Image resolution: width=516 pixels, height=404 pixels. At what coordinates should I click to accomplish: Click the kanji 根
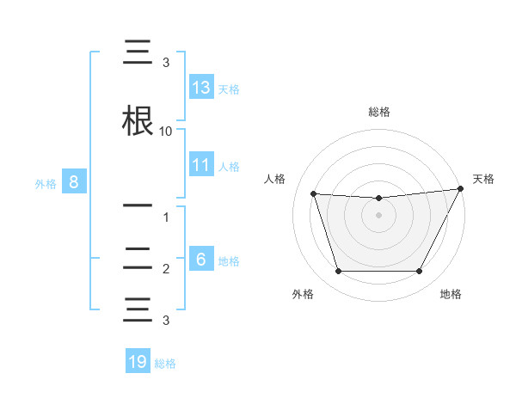pyautogui.click(x=138, y=121)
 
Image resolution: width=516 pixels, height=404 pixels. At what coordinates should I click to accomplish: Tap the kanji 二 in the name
pyautogui.click(x=138, y=257)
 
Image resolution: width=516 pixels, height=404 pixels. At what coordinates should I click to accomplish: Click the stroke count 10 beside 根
pyautogui.click(x=166, y=132)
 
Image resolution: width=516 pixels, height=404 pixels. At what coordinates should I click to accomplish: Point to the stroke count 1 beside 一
pyautogui.click(x=166, y=218)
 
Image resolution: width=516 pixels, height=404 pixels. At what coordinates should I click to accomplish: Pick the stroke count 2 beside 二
pyautogui.click(x=166, y=269)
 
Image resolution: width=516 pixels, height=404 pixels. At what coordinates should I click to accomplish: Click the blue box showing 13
pyautogui.click(x=201, y=88)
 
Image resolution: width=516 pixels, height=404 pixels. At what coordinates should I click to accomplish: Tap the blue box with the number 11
pyautogui.click(x=201, y=165)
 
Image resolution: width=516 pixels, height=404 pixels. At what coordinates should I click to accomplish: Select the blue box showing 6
pyautogui.click(x=201, y=260)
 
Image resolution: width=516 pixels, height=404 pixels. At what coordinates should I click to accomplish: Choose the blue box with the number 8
pyautogui.click(x=74, y=182)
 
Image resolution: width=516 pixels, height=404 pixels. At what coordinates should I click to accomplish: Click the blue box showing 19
pyautogui.click(x=138, y=362)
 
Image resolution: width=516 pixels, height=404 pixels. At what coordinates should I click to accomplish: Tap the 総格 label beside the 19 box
pyautogui.click(x=165, y=364)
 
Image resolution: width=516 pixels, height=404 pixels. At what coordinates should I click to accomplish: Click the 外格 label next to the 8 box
pyautogui.click(x=46, y=183)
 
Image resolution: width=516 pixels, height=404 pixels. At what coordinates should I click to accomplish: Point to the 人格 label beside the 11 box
pyautogui.click(x=229, y=166)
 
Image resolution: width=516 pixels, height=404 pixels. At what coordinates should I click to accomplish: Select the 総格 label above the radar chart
pyautogui.click(x=378, y=112)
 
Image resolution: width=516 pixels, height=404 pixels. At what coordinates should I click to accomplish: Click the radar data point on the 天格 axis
pyautogui.click(x=461, y=189)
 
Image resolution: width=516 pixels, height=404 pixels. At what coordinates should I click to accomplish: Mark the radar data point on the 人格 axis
pyautogui.click(x=313, y=194)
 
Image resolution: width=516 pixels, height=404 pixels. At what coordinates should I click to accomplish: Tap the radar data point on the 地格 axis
pyautogui.click(x=419, y=272)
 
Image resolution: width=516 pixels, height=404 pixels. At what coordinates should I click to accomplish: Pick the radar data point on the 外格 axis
pyautogui.click(x=338, y=272)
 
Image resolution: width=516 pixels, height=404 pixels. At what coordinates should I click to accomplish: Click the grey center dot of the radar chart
pyautogui.click(x=378, y=216)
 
